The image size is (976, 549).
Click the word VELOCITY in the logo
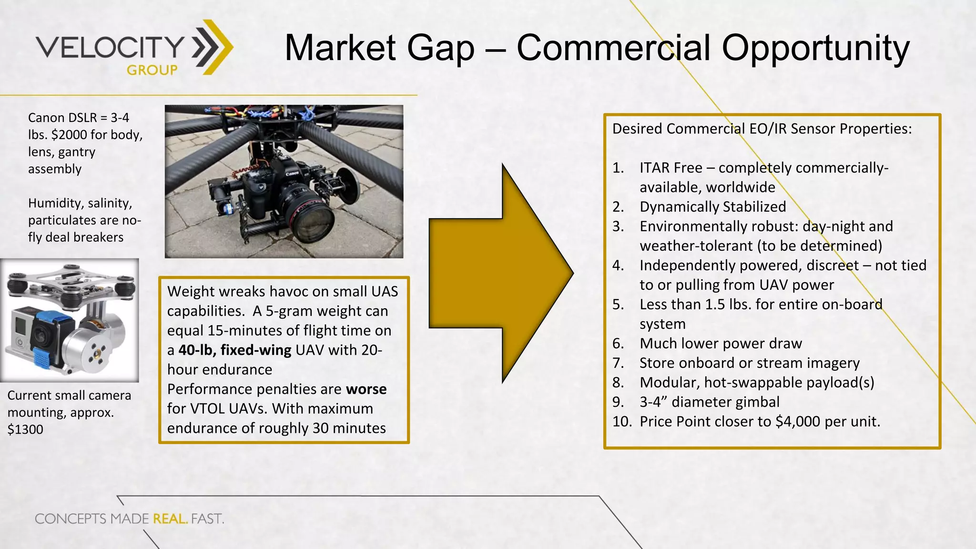[110, 47]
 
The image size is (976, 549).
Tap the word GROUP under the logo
[152, 71]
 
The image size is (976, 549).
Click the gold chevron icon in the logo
[213, 47]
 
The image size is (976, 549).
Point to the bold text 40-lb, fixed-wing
[235, 350]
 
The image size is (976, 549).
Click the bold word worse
[366, 389]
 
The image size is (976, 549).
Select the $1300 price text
[25, 429]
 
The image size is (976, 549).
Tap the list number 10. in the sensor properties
[622, 422]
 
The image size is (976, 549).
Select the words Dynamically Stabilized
[712, 207]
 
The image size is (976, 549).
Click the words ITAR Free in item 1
[671, 168]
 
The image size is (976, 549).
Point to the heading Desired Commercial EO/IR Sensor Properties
[762, 129]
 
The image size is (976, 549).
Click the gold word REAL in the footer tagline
[170, 518]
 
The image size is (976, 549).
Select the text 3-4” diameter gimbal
[709, 402]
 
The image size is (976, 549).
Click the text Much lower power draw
[721, 344]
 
